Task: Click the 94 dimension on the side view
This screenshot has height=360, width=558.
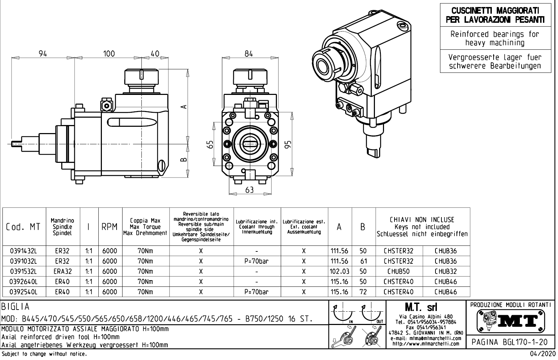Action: pyautogui.click(x=43, y=54)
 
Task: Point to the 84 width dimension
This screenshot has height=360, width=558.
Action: pyautogui.click(x=249, y=54)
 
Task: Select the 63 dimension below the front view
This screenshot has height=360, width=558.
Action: pyautogui.click(x=249, y=189)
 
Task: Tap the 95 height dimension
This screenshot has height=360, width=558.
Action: pyautogui.click(x=288, y=144)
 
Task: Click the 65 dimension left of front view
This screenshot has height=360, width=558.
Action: pyautogui.click(x=210, y=144)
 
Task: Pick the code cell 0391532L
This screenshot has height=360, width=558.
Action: pyautogui.click(x=23, y=271)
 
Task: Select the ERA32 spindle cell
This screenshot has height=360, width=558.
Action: pyautogui.click(x=63, y=271)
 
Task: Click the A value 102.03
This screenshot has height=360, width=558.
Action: pyautogui.click(x=339, y=271)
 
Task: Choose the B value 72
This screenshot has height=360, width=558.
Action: pyautogui.click(x=363, y=292)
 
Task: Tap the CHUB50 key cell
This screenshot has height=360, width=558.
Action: pyautogui.click(x=399, y=271)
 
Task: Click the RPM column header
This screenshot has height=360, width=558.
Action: pyautogui.click(x=110, y=227)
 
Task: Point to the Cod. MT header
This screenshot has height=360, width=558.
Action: pyautogui.click(x=23, y=227)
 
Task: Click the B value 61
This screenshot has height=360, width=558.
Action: pyautogui.click(x=363, y=261)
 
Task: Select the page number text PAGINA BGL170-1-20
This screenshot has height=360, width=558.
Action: pyautogui.click(x=509, y=342)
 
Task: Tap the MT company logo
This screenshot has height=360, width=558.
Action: pyautogui.click(x=509, y=320)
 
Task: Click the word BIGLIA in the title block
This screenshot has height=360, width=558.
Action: pyautogui.click(x=16, y=307)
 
